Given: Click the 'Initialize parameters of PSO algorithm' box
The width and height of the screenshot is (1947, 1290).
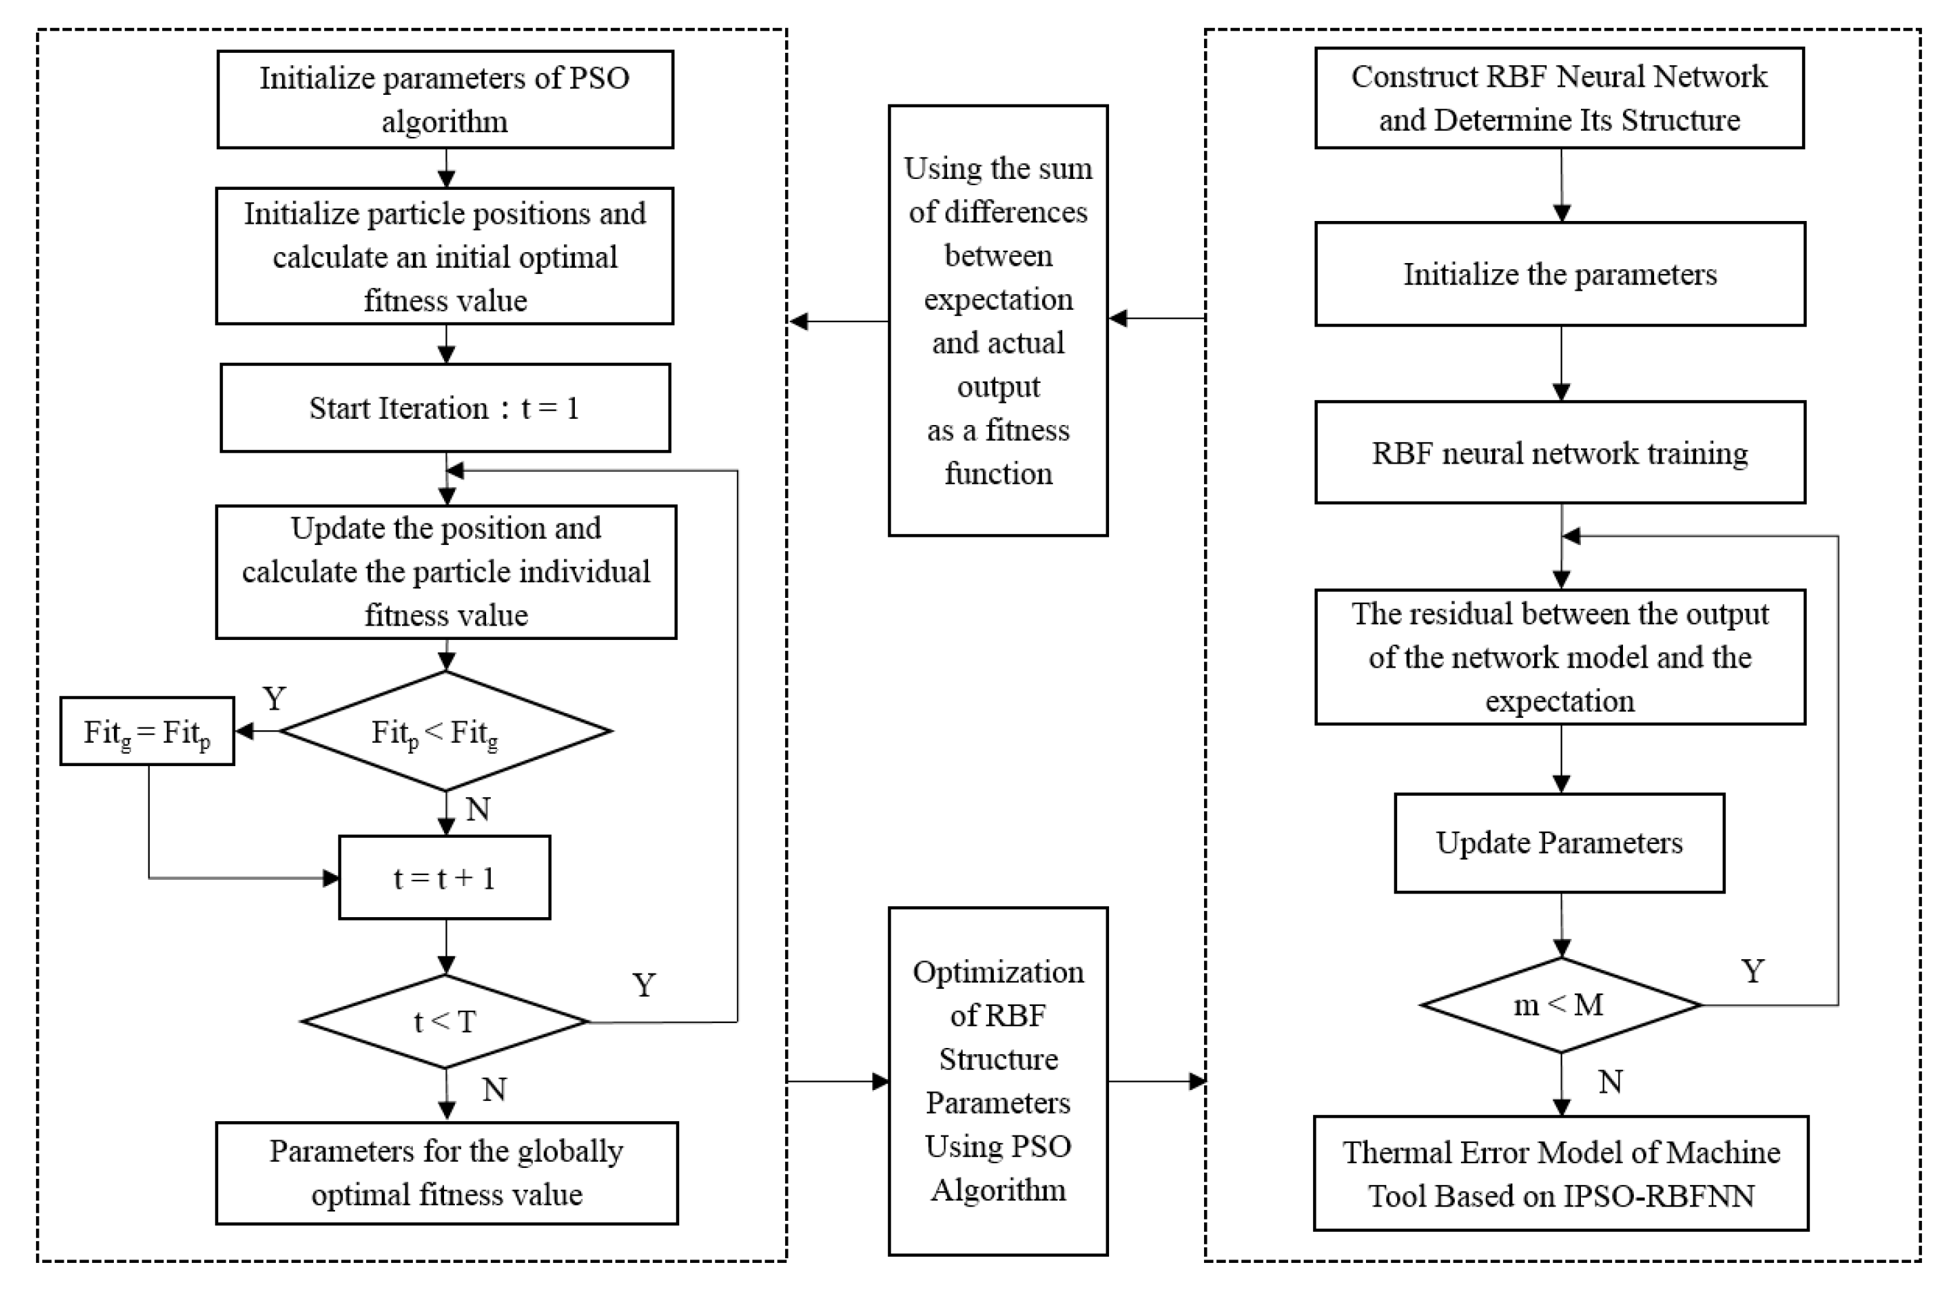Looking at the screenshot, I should (x=445, y=100).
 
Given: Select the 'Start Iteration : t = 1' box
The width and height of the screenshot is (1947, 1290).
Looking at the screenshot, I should (x=445, y=408).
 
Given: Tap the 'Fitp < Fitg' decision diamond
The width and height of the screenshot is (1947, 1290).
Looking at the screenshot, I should (x=445, y=731).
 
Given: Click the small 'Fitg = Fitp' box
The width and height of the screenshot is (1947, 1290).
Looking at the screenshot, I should (x=147, y=731).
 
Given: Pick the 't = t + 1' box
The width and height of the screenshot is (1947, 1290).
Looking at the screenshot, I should (x=445, y=878).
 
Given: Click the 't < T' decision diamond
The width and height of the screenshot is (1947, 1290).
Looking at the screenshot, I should (x=445, y=1022).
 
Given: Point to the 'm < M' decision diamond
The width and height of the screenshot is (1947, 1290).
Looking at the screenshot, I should (x=1560, y=1005).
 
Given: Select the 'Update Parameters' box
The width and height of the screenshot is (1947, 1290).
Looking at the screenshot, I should (x=1559, y=843).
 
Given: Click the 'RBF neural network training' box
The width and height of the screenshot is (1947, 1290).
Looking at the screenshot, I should (x=1560, y=453).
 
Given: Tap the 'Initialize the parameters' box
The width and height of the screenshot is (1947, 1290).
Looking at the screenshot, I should (x=1560, y=274).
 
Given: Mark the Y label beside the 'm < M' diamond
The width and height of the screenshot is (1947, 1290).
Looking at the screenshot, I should (x=1753, y=971).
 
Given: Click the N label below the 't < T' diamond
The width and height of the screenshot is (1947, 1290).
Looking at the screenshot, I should (x=494, y=1090).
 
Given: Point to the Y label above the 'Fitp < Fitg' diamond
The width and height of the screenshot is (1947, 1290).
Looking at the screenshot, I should (x=274, y=698).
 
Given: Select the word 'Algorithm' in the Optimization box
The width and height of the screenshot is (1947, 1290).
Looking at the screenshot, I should (x=998, y=1190).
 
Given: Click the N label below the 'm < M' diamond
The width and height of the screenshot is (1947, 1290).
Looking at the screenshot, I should (x=1610, y=1082).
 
